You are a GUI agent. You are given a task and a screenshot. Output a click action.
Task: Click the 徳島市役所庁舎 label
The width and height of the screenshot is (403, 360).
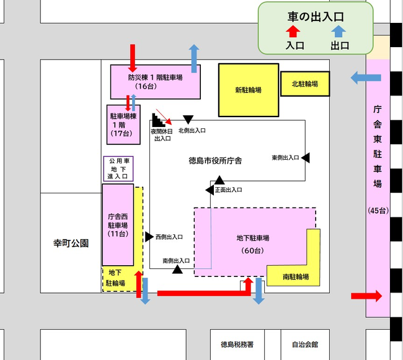215,160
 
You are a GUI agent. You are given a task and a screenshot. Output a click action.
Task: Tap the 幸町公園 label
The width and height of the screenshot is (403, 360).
71,243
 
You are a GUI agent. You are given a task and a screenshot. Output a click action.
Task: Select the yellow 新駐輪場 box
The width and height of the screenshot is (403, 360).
249,90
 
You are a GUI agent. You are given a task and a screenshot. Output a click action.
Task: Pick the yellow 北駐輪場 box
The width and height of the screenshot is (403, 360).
305,84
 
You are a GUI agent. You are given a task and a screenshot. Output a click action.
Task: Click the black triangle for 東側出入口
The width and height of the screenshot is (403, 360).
306,157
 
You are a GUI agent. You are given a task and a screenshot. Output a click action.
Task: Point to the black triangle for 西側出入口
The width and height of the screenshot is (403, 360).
149,237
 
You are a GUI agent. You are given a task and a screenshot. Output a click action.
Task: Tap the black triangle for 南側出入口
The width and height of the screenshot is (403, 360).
177,270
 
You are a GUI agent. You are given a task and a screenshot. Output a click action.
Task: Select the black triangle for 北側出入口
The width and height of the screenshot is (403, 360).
188,120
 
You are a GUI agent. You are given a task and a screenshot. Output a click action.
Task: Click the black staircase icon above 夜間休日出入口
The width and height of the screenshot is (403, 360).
157,120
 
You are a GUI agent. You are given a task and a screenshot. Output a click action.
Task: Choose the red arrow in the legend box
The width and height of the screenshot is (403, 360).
293,32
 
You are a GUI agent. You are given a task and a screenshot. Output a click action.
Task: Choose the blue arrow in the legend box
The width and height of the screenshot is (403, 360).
339,32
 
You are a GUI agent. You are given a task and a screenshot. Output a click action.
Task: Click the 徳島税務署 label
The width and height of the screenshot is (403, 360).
237,345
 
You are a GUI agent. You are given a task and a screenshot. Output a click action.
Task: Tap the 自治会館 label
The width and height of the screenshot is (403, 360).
305,345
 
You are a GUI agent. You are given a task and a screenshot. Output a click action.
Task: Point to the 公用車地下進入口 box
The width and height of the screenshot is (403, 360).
118,169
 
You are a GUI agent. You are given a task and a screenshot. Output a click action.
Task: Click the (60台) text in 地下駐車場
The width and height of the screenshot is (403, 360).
252,250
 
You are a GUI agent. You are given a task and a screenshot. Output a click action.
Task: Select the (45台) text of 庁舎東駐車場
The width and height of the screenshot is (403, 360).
378,211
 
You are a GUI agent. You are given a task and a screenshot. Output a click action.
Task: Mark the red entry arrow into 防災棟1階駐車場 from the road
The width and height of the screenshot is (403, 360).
132,58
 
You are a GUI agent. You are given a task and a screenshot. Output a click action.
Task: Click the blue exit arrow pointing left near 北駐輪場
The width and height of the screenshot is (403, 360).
366,77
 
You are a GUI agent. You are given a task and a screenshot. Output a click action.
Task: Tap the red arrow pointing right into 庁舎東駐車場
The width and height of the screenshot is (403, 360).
366,296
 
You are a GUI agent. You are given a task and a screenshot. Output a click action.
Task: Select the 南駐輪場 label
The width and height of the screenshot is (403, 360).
296,277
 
